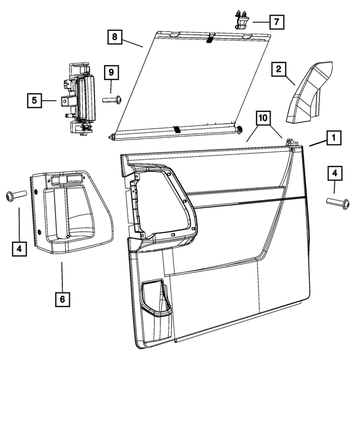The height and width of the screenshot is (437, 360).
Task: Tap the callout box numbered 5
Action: click(35, 101)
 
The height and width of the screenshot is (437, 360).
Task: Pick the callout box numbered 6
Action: click(62, 299)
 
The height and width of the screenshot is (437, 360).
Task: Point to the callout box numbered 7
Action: click(276, 22)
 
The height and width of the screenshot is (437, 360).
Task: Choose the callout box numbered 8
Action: click(115, 38)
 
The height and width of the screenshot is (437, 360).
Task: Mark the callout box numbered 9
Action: click(111, 73)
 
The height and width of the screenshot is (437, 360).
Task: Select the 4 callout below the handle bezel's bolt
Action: click(19, 248)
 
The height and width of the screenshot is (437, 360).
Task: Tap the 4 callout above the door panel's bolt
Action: click(334, 174)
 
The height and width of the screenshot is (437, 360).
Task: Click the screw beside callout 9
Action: click(112, 100)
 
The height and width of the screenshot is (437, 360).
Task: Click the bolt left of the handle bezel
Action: click(15, 195)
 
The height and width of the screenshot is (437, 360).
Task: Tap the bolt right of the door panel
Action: click(338, 201)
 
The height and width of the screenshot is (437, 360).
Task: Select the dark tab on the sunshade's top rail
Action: click(209, 38)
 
